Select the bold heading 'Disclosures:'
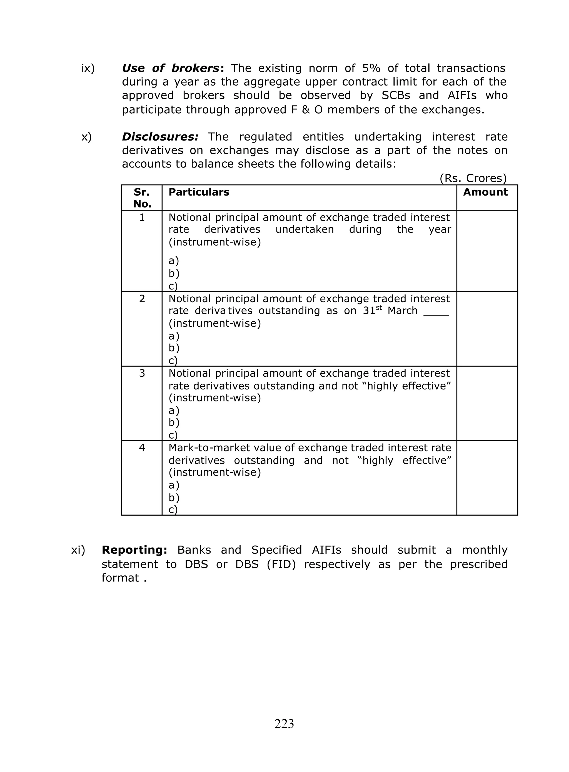pyautogui.click(x=160, y=137)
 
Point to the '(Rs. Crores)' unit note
pyautogui.click(x=473, y=178)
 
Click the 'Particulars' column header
pyautogui.click(x=199, y=192)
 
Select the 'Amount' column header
pyautogui.click(x=485, y=192)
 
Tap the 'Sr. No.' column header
pyautogui.click(x=142, y=198)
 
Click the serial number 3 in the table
pyautogui.click(x=142, y=373)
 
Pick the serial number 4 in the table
pyautogui.click(x=142, y=448)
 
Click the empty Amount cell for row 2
pyautogui.click(x=487, y=329)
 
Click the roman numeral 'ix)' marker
pyautogui.click(x=88, y=68)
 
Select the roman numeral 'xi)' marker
pyautogui.click(x=78, y=550)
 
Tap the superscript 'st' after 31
pyautogui.click(x=379, y=308)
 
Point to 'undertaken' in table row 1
pyautogui.click(x=305, y=229)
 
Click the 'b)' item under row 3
pyautogui.click(x=174, y=423)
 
